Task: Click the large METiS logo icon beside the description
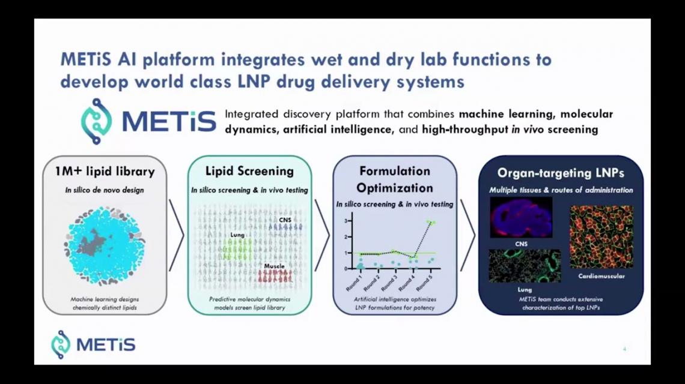(97, 121)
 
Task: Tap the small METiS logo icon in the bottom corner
(61, 345)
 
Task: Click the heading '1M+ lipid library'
(105, 172)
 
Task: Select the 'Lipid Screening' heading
(249, 171)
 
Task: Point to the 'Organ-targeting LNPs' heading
(561, 173)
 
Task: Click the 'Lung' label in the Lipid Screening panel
(237, 235)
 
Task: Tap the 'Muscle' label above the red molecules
(275, 266)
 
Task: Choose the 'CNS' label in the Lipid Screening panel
(285, 220)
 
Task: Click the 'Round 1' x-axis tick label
(355, 283)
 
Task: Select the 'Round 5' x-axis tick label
(424, 283)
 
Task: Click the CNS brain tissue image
(521, 217)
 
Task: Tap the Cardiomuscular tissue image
(601, 237)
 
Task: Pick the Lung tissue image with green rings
(525, 266)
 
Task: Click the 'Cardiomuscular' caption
(601, 276)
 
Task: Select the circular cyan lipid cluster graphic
(105, 246)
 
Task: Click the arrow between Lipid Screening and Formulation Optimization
(322, 235)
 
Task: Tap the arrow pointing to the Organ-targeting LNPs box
(468, 235)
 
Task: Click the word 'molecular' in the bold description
(586, 114)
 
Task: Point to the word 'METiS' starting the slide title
(85, 59)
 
